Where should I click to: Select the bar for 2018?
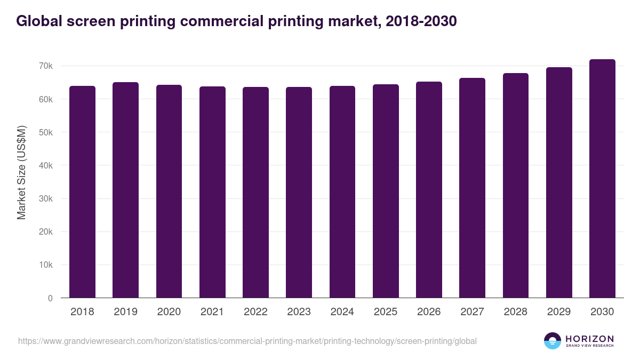tap(82, 192)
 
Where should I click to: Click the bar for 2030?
tap(602, 179)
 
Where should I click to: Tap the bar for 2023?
tap(299, 192)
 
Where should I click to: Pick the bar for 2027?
tap(472, 188)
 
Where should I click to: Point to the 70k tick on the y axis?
tap(45, 66)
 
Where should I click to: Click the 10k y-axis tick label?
tap(45, 265)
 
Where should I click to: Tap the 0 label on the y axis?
tap(50, 298)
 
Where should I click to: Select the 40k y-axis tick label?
tap(45, 165)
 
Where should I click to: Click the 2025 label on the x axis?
tap(386, 312)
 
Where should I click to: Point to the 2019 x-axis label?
tap(125, 312)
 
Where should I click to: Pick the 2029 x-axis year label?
tap(559, 312)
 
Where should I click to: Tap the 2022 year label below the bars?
tap(255, 312)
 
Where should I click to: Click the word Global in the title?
tap(38, 21)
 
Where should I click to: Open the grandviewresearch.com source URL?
tap(247, 341)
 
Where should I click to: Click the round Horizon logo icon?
tap(553, 341)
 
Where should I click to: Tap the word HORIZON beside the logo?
tap(589, 338)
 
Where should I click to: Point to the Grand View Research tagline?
tap(589, 346)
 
